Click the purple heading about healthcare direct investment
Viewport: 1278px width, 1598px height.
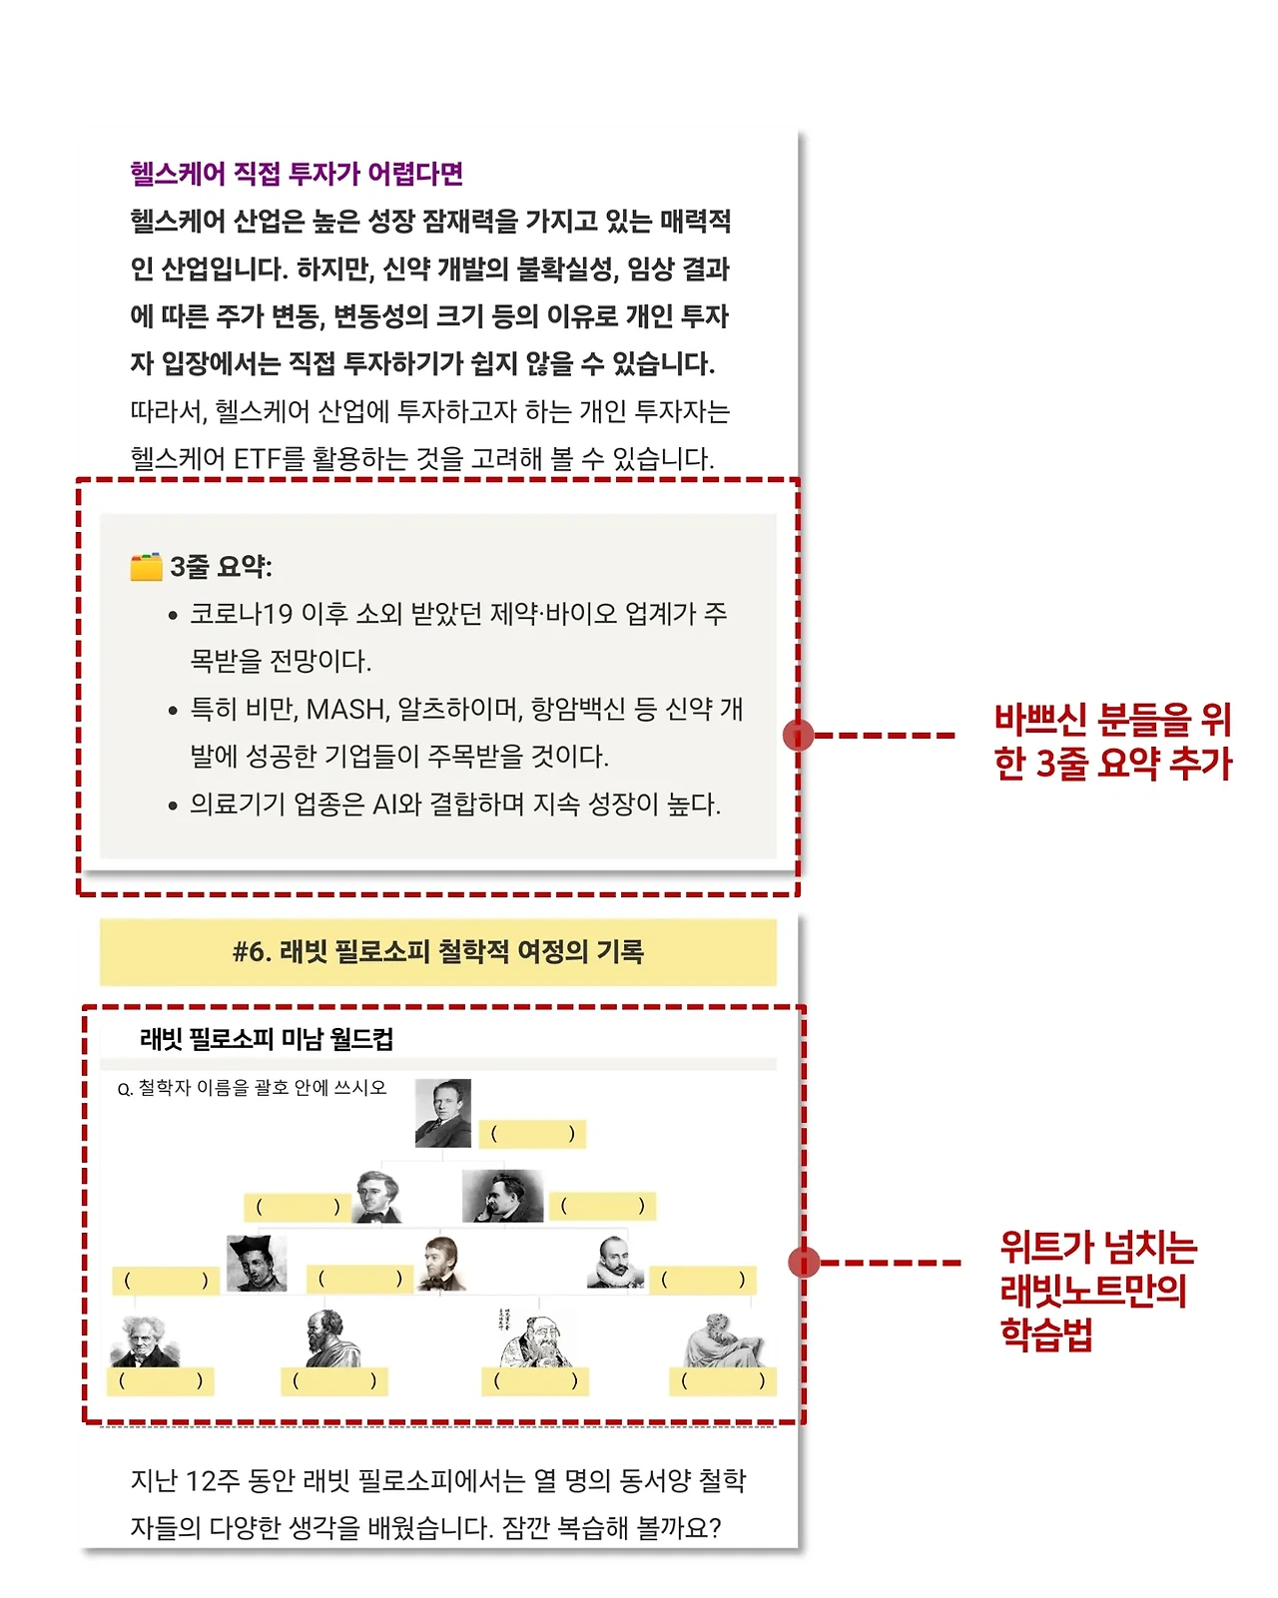pyautogui.click(x=297, y=174)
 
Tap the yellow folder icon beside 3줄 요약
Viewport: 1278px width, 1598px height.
pyautogui.click(x=146, y=567)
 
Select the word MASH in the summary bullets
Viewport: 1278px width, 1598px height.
pyautogui.click(x=345, y=709)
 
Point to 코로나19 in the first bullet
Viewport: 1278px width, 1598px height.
pyautogui.click(x=241, y=613)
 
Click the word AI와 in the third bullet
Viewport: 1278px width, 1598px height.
pyautogui.click(x=396, y=804)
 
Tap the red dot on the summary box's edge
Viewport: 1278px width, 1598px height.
pyautogui.click(x=798, y=736)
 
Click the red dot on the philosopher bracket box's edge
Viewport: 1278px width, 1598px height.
pyautogui.click(x=804, y=1263)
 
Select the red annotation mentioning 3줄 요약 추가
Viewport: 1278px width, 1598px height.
pyautogui.click(x=1112, y=741)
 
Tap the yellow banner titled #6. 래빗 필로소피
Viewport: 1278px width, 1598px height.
pyautogui.click(x=437, y=952)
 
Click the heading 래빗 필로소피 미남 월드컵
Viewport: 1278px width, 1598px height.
pyautogui.click(x=267, y=1039)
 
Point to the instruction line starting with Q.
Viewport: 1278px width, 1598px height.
pyautogui.click(x=252, y=1088)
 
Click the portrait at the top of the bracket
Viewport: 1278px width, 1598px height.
pyautogui.click(x=442, y=1113)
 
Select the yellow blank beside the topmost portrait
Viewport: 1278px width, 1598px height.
pyautogui.click(x=532, y=1134)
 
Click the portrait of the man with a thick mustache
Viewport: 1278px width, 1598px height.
pyautogui.click(x=502, y=1196)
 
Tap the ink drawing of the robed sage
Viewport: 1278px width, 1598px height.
pyautogui.click(x=530, y=1337)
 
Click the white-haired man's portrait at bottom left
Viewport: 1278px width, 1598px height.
pyautogui.click(x=146, y=1340)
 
